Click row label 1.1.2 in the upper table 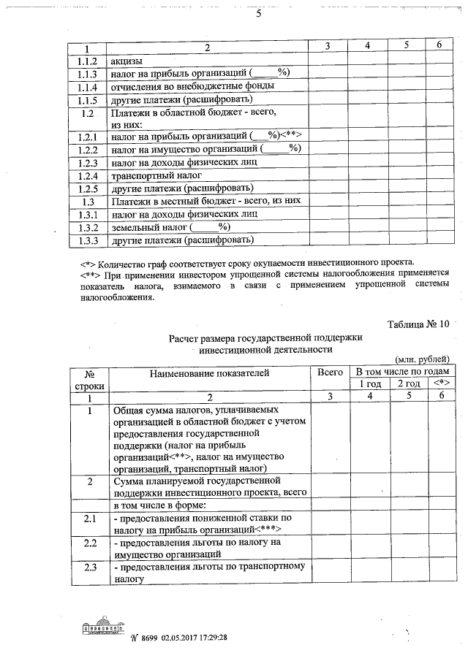(x=88, y=61)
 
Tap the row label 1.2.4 (x=88, y=176)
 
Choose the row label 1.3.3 (x=88, y=240)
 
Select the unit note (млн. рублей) (x=423, y=359)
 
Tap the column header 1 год (x=369, y=384)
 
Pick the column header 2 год (x=408, y=384)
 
